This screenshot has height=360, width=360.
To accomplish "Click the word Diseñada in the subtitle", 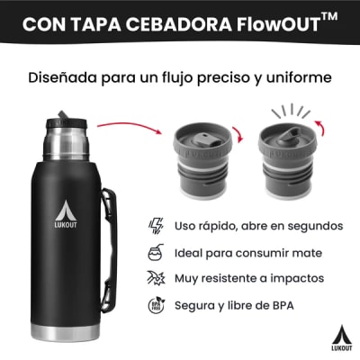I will tap(64, 78).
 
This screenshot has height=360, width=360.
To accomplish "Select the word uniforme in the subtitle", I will tap(297, 78).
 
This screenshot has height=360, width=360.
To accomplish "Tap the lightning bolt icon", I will tap(154, 225).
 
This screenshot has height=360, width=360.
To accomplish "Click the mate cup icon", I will tap(154, 252).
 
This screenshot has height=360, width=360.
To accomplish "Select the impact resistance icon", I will tap(154, 278).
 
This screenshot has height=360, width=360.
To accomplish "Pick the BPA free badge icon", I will tap(154, 305).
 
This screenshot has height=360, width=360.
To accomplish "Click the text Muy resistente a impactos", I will tap(249, 278).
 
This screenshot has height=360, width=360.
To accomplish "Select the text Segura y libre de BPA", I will tap(234, 305).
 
